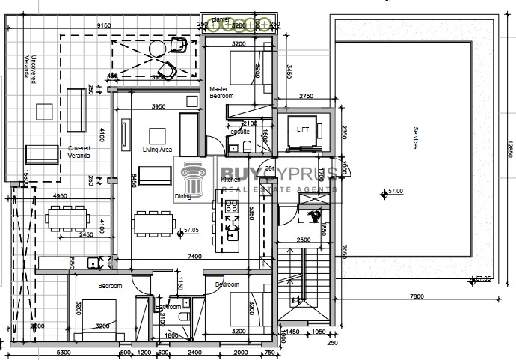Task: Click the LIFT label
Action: (303, 129)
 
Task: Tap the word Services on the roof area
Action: (415, 140)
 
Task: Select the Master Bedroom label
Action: (221, 92)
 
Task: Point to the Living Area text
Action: (157, 150)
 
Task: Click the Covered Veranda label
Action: (79, 152)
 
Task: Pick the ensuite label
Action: (240, 132)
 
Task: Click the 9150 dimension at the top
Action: (104, 25)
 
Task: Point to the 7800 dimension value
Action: (417, 296)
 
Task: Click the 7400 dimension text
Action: (194, 257)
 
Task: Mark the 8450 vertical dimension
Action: (134, 180)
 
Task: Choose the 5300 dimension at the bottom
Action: (63, 353)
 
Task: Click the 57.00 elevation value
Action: (394, 192)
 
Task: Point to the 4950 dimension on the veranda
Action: (61, 196)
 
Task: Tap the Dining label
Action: (182, 196)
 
